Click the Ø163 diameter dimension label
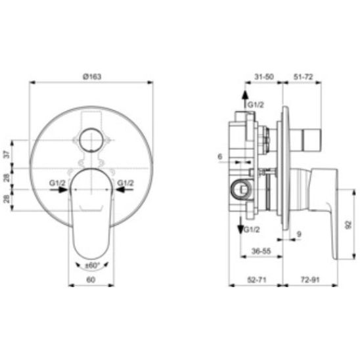(x=92, y=76)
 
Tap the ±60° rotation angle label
(x=91, y=265)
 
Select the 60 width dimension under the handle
(x=91, y=280)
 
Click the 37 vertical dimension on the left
(x=7, y=154)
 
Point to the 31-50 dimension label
(x=264, y=76)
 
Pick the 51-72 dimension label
(x=303, y=77)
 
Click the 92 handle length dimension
(x=348, y=225)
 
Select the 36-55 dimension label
(x=261, y=251)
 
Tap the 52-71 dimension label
(x=257, y=280)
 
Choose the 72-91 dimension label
(x=310, y=280)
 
